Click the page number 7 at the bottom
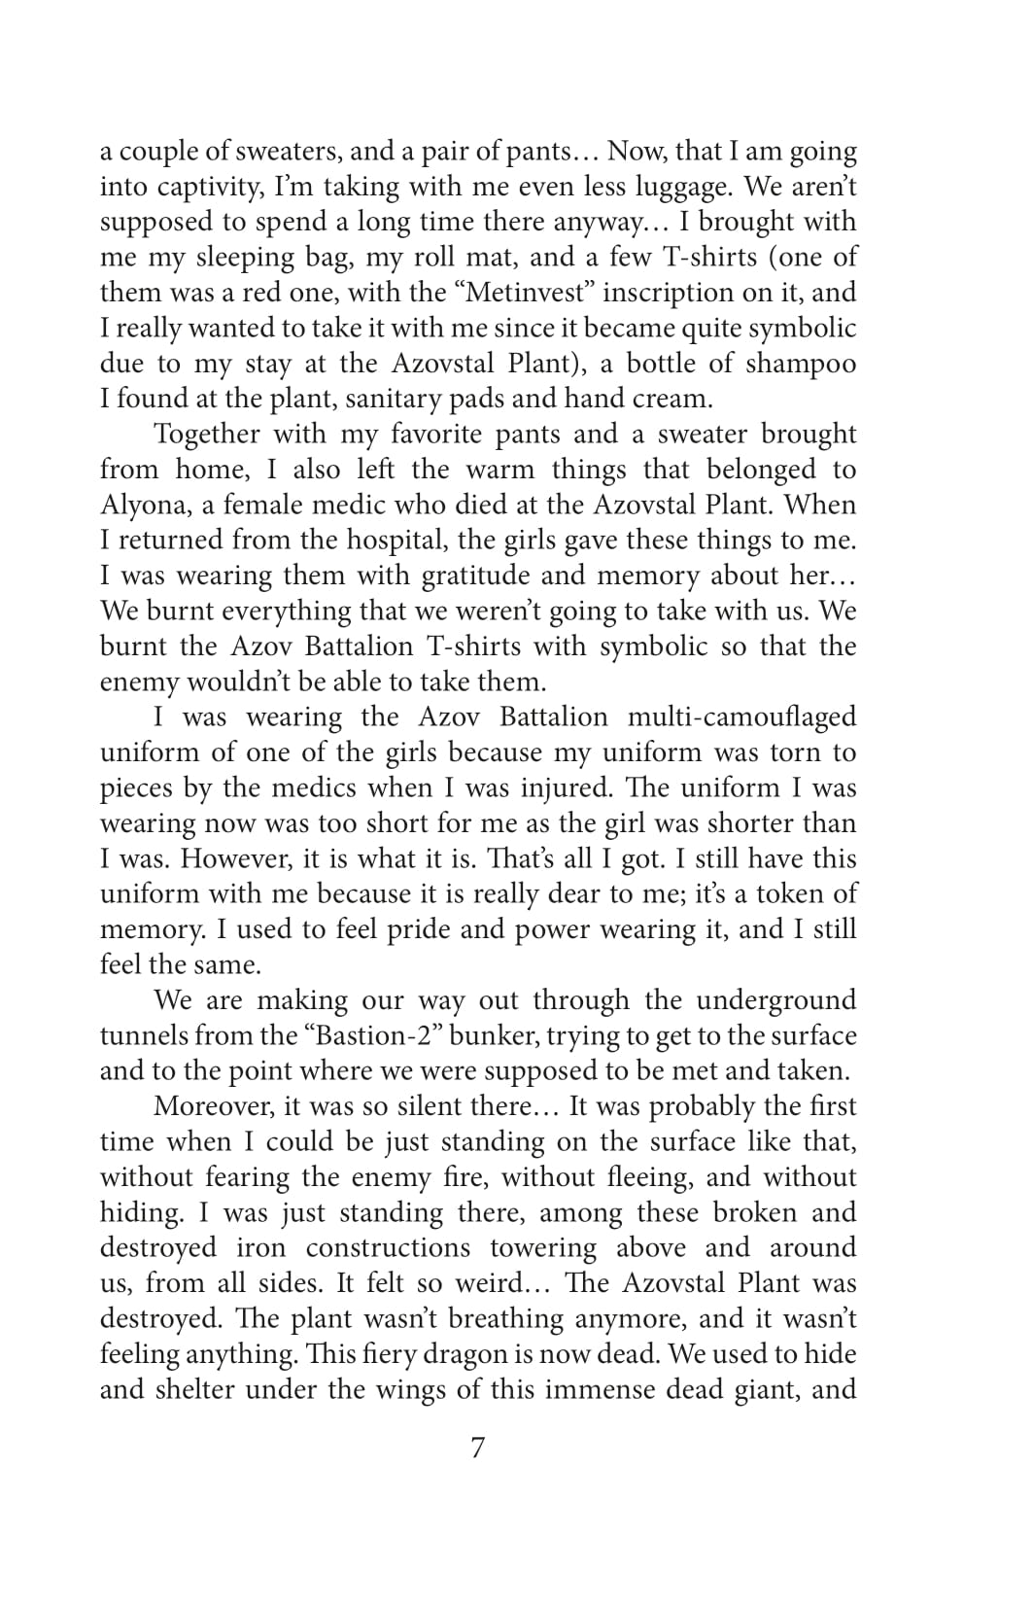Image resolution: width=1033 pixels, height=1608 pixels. [477, 1449]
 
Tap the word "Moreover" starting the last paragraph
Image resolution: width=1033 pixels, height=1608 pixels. [211, 1107]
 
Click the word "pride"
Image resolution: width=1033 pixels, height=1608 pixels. [420, 930]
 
